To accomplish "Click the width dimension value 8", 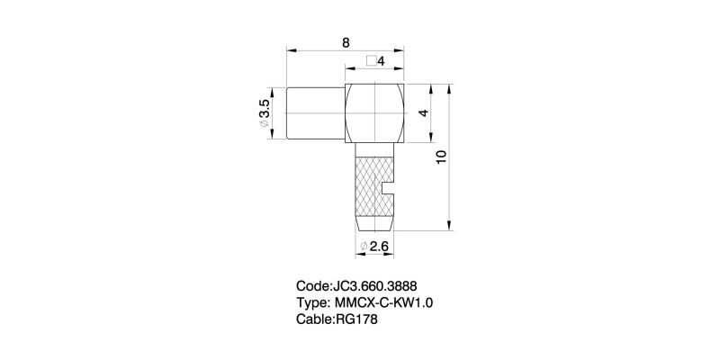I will click(x=346, y=42).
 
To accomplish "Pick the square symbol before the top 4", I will click(x=371, y=61).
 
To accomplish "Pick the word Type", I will click(x=311, y=302).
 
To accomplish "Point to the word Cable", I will click(x=315, y=319).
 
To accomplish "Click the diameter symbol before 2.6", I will click(x=364, y=246).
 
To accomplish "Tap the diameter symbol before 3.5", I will click(x=265, y=127).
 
